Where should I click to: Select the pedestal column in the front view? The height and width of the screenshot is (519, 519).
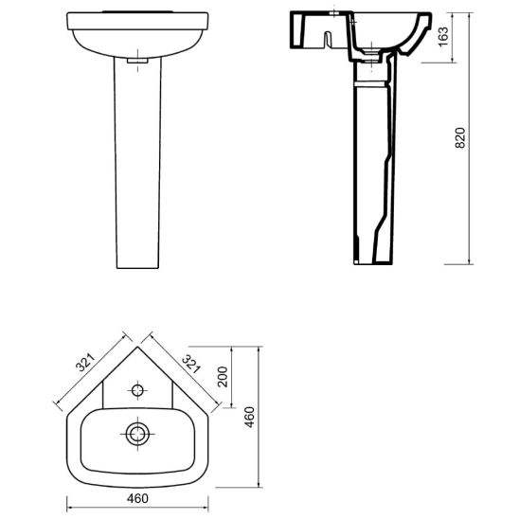click(135, 161)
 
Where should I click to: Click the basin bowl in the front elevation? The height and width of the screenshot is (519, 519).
click(135, 38)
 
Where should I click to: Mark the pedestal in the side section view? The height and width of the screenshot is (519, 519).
click(373, 161)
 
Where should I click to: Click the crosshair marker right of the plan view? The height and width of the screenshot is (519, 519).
click(396, 389)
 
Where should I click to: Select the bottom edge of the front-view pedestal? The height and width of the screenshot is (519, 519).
click(135, 269)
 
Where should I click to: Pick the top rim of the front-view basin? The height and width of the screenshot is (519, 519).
click(135, 14)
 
